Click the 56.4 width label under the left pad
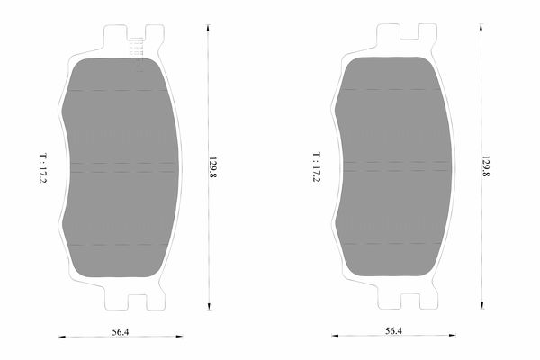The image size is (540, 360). [x=121, y=332]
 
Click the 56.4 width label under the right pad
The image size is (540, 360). [x=393, y=330]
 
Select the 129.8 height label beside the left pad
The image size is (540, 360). [x=212, y=167]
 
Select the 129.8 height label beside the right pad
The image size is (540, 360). [x=486, y=166]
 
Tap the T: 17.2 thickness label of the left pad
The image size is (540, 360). [x=42, y=167]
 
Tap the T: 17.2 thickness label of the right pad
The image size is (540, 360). [x=316, y=166]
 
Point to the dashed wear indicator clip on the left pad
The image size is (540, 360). [x=137, y=49]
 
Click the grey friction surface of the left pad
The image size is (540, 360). [x=121, y=167]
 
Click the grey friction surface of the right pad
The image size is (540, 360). [x=393, y=166]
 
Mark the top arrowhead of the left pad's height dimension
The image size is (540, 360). [x=208, y=28]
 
